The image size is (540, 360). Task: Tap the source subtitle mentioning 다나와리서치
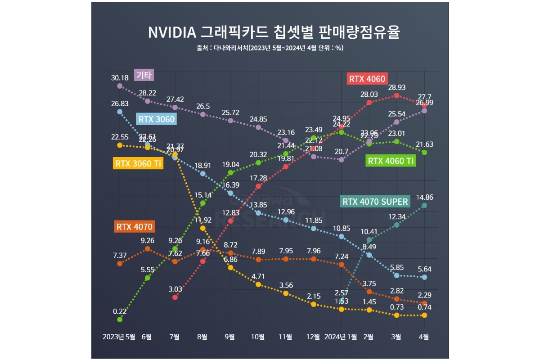[270, 48]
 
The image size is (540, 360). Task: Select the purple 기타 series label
[144, 75]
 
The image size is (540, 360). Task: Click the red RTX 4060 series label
[367, 79]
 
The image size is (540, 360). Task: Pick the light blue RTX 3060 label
[156, 119]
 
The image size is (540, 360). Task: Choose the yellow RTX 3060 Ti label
[138, 164]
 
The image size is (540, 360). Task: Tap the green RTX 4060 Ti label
[390, 161]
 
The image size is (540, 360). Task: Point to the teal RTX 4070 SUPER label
[375, 202]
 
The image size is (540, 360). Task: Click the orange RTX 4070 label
[135, 226]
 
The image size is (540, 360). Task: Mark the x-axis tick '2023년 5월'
[119, 337]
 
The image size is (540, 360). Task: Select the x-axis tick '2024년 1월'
[341, 337]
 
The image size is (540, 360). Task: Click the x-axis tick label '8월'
[202, 337]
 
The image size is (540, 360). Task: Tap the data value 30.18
[119, 77]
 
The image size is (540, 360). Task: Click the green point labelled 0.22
[120, 319]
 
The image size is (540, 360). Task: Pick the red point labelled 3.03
[175, 297]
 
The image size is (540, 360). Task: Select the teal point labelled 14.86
[424, 206]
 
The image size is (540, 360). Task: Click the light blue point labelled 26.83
[120, 112]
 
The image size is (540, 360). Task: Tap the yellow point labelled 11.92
[202, 228]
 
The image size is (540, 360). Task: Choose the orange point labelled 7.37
[120, 264]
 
